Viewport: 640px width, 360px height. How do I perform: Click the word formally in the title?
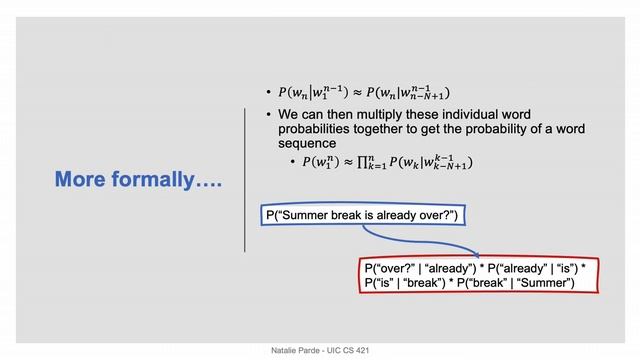165,180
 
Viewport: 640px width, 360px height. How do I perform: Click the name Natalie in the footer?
286,352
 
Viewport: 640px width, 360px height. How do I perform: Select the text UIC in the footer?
338,352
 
